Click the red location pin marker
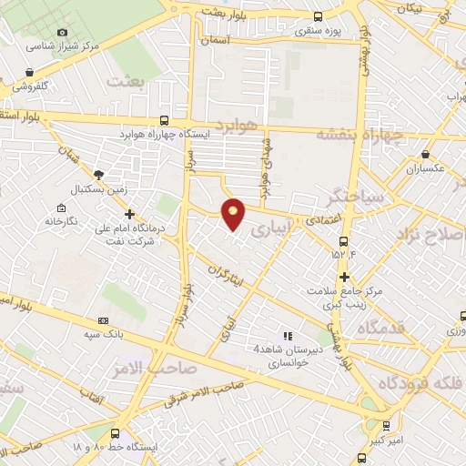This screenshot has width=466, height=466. pyautogui.click(x=234, y=213)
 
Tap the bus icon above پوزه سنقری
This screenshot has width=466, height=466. pyautogui.click(x=317, y=15)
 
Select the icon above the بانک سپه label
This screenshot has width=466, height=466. pyautogui.click(x=102, y=321)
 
